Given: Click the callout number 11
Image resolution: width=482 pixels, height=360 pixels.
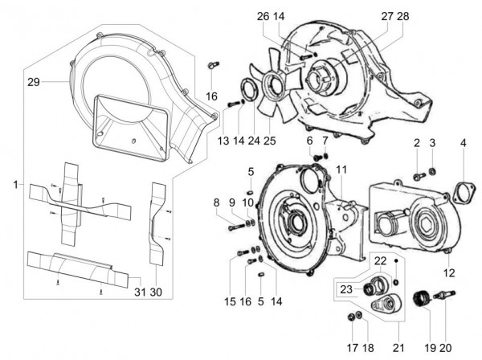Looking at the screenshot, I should pos(341,170).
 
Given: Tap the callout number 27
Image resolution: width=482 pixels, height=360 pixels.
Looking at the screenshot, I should pos(386,17).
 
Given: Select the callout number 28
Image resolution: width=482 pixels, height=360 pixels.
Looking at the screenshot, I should pos(402,17).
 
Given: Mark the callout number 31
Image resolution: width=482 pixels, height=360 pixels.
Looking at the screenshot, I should pos(137,292).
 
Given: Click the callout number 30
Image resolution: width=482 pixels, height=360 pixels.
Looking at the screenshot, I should pos(156,292).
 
